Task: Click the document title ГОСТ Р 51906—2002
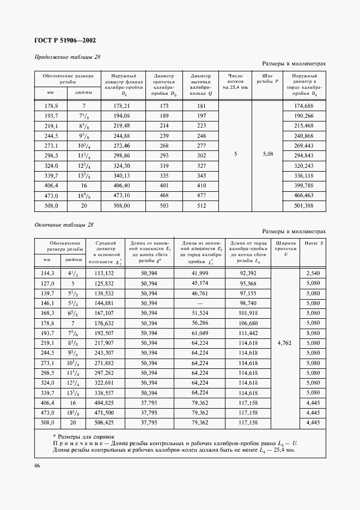coord(65,40)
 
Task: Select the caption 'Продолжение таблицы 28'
coord(68,57)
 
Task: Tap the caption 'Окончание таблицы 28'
coord(64,224)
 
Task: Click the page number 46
coord(37,465)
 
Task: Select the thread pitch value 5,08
coord(267,155)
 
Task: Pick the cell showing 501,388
coord(303,206)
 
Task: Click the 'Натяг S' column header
coord(314,243)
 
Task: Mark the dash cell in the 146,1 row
coord(200,302)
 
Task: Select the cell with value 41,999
coord(200,272)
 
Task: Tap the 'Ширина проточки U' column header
coord(286,248)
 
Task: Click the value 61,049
coord(200,332)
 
